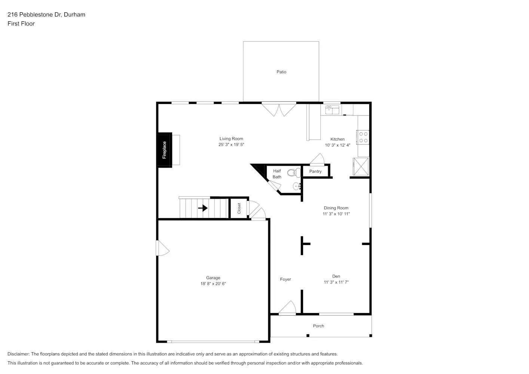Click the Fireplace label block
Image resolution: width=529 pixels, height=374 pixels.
164,150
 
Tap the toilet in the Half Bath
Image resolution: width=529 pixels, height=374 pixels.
293,173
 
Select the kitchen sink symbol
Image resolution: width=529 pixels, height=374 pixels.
332,110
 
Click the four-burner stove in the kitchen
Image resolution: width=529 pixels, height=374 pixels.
363,137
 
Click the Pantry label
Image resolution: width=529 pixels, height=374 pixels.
315,171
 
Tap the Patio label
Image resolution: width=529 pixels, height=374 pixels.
281,72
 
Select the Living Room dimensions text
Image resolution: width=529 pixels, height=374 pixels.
231,145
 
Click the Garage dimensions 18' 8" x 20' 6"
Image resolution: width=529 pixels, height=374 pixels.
213,284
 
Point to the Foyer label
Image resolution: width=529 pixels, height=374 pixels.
285,279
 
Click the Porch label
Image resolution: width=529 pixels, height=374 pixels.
318,326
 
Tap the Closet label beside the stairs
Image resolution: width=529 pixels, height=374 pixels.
239,208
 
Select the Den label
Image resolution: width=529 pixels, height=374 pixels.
336,276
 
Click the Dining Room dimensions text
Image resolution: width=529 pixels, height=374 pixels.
336,214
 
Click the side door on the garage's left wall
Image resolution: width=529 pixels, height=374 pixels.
162,248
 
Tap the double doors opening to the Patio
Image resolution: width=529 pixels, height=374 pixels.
279,109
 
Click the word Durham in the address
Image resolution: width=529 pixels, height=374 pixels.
74,15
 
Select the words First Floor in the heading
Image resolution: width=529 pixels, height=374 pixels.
21,24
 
